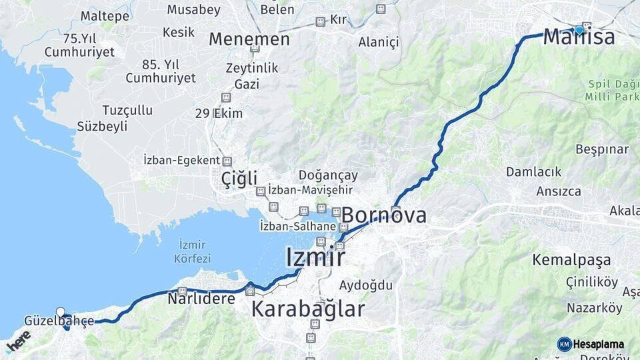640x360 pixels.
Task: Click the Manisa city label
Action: tap(579, 37)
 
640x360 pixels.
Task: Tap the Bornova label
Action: tap(384, 215)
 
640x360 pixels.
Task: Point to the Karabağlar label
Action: tap(308, 309)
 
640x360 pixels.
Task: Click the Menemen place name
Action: tap(249, 39)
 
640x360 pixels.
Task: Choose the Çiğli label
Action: tap(239, 179)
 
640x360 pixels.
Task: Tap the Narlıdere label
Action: tap(201, 298)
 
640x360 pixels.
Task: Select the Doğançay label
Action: tap(329, 175)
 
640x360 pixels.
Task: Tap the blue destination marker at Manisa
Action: tap(579, 29)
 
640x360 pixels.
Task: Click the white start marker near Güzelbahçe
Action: tap(61, 311)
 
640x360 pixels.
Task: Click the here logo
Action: tap(18, 340)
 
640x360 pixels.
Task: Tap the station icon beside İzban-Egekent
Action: tap(227, 161)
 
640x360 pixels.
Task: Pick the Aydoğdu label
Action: tap(366, 285)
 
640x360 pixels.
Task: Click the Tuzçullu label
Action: tap(127, 110)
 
